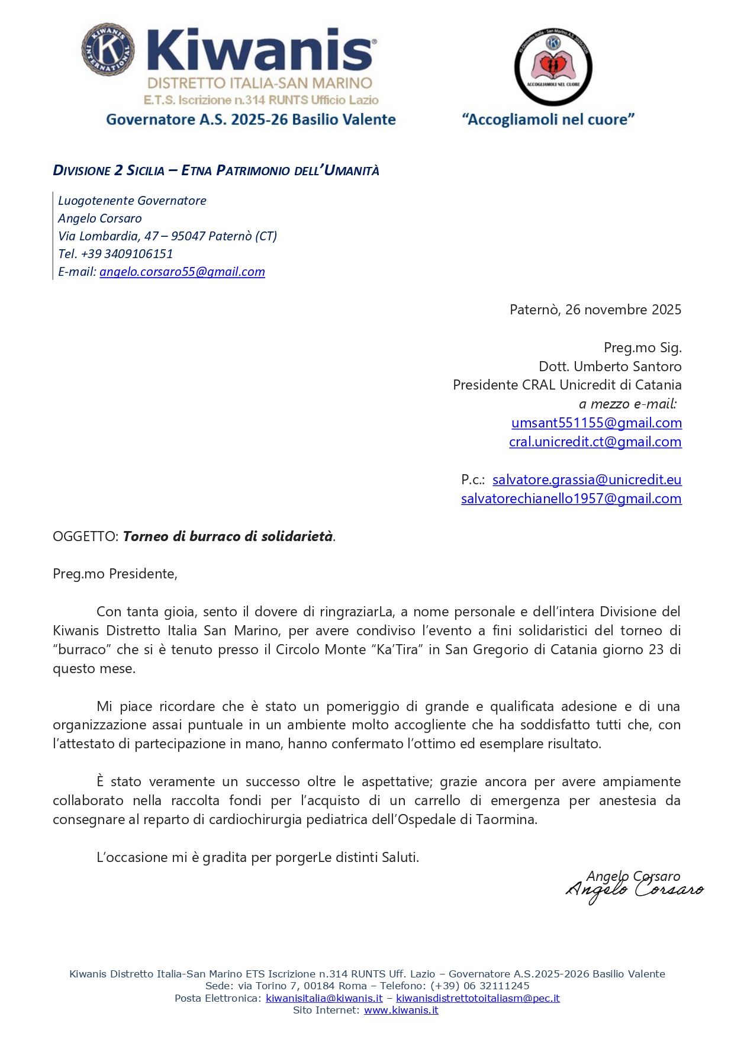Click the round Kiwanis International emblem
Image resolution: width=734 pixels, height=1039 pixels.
tap(108, 50)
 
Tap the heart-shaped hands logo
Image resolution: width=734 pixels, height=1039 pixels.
tap(553, 66)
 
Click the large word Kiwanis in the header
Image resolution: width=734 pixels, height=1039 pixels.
tap(260, 51)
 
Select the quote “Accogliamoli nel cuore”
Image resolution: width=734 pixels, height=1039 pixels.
tap(548, 120)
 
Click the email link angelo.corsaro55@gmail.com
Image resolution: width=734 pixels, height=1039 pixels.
tap(182, 272)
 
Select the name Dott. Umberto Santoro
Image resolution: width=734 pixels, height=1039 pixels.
tap(610, 366)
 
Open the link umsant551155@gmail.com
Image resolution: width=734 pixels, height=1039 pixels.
tap(596, 423)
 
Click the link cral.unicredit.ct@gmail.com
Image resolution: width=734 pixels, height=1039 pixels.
tap(595, 442)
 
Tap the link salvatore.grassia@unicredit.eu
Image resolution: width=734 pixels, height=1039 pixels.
tap(587, 480)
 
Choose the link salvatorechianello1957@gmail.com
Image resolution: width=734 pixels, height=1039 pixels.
tap(571, 498)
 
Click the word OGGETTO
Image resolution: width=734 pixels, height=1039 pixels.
tap(85, 536)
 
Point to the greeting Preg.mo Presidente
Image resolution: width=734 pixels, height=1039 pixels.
tap(115, 574)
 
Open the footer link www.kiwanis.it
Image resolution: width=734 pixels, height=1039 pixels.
tap(401, 1010)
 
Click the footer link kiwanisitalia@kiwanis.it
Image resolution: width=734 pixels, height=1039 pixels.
tap(324, 998)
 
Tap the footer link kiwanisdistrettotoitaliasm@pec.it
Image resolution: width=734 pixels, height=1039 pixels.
tap(478, 998)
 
